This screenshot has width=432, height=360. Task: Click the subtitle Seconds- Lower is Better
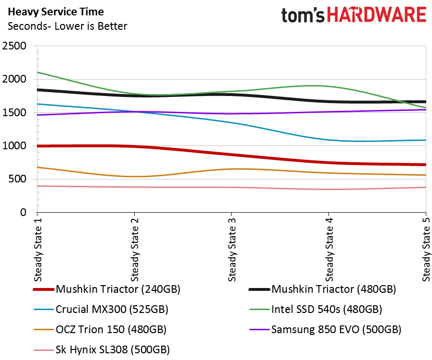tap(68, 26)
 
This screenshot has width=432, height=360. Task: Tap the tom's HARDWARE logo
tap(353, 15)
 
